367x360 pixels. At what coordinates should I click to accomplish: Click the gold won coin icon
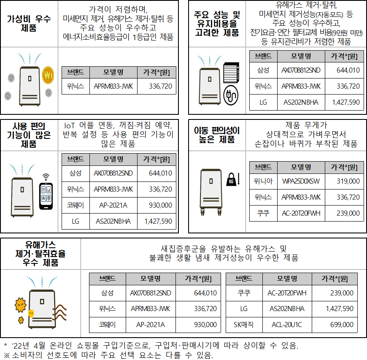click(x=48, y=75)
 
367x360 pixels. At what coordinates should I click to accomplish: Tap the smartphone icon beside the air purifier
click(x=46, y=196)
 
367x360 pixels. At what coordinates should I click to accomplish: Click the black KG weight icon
click(x=231, y=179)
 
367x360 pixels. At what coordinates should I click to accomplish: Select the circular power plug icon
click(x=231, y=95)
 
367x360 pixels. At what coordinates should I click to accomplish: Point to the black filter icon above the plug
click(x=231, y=73)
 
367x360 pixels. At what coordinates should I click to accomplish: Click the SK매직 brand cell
click(x=244, y=325)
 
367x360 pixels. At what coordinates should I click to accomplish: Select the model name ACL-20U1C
click(x=287, y=325)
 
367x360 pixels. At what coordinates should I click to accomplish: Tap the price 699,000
click(x=342, y=325)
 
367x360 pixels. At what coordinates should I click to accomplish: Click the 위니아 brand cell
click(x=263, y=181)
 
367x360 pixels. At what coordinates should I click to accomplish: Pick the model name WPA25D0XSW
click(x=301, y=181)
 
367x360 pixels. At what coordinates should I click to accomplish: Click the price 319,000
click(x=348, y=181)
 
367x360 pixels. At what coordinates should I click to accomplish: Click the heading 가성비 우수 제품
click(x=29, y=23)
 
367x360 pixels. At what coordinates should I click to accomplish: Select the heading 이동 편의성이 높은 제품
click(x=217, y=135)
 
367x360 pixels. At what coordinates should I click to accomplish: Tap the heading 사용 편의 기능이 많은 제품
click(x=29, y=135)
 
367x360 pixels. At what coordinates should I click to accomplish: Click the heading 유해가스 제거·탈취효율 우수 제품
click(x=40, y=254)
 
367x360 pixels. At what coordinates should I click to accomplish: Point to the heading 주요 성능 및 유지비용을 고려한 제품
click(x=217, y=23)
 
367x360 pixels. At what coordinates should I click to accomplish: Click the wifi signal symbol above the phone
click(x=46, y=177)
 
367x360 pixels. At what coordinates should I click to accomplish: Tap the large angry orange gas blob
click(x=21, y=305)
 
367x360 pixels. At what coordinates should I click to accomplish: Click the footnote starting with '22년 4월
click(x=151, y=345)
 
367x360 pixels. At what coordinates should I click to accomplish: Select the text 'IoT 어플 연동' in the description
click(x=89, y=125)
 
